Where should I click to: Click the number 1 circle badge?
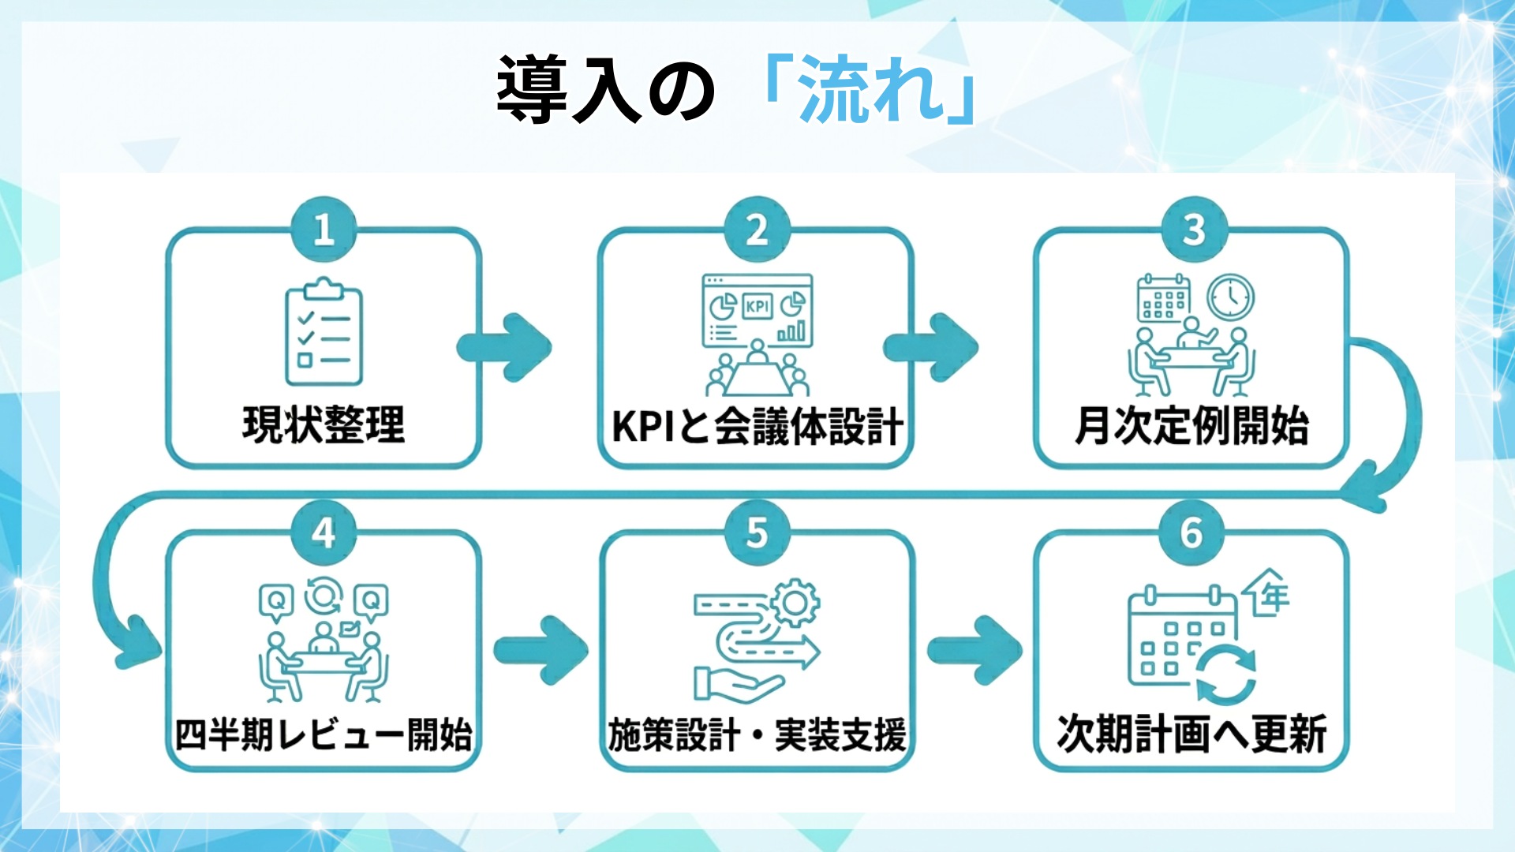click(324, 230)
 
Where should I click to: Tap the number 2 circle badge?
click(757, 230)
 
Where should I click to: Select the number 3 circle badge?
click(1194, 230)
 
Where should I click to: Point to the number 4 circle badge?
click(324, 532)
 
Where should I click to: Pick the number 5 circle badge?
click(757, 532)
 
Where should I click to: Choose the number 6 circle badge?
click(1191, 532)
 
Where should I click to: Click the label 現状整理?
click(324, 425)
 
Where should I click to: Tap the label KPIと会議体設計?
click(757, 427)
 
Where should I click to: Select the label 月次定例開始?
click(1191, 425)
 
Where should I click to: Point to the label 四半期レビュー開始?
click(324, 734)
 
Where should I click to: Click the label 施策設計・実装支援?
click(757, 734)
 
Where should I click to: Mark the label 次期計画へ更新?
click(1191, 734)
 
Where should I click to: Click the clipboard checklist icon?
click(324, 331)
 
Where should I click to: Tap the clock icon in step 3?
click(1230, 297)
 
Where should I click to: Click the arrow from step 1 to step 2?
click(505, 347)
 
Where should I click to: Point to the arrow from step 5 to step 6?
click(975, 650)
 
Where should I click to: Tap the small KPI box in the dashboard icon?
click(757, 306)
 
